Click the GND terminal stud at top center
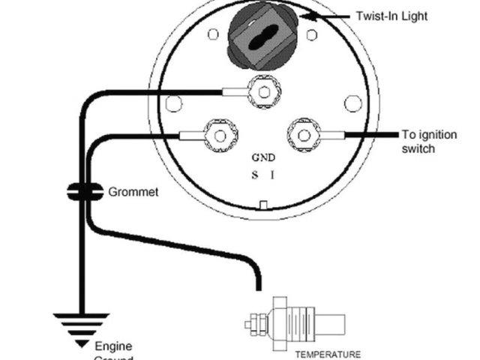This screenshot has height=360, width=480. [x=263, y=92]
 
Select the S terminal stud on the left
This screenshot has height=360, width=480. [x=220, y=136]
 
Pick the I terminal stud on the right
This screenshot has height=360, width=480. [x=304, y=136]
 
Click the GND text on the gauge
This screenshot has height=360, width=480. [x=263, y=158]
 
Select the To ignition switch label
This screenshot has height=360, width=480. [x=428, y=142]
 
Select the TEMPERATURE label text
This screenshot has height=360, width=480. [x=328, y=354]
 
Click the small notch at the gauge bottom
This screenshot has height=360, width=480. [x=263, y=205]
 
